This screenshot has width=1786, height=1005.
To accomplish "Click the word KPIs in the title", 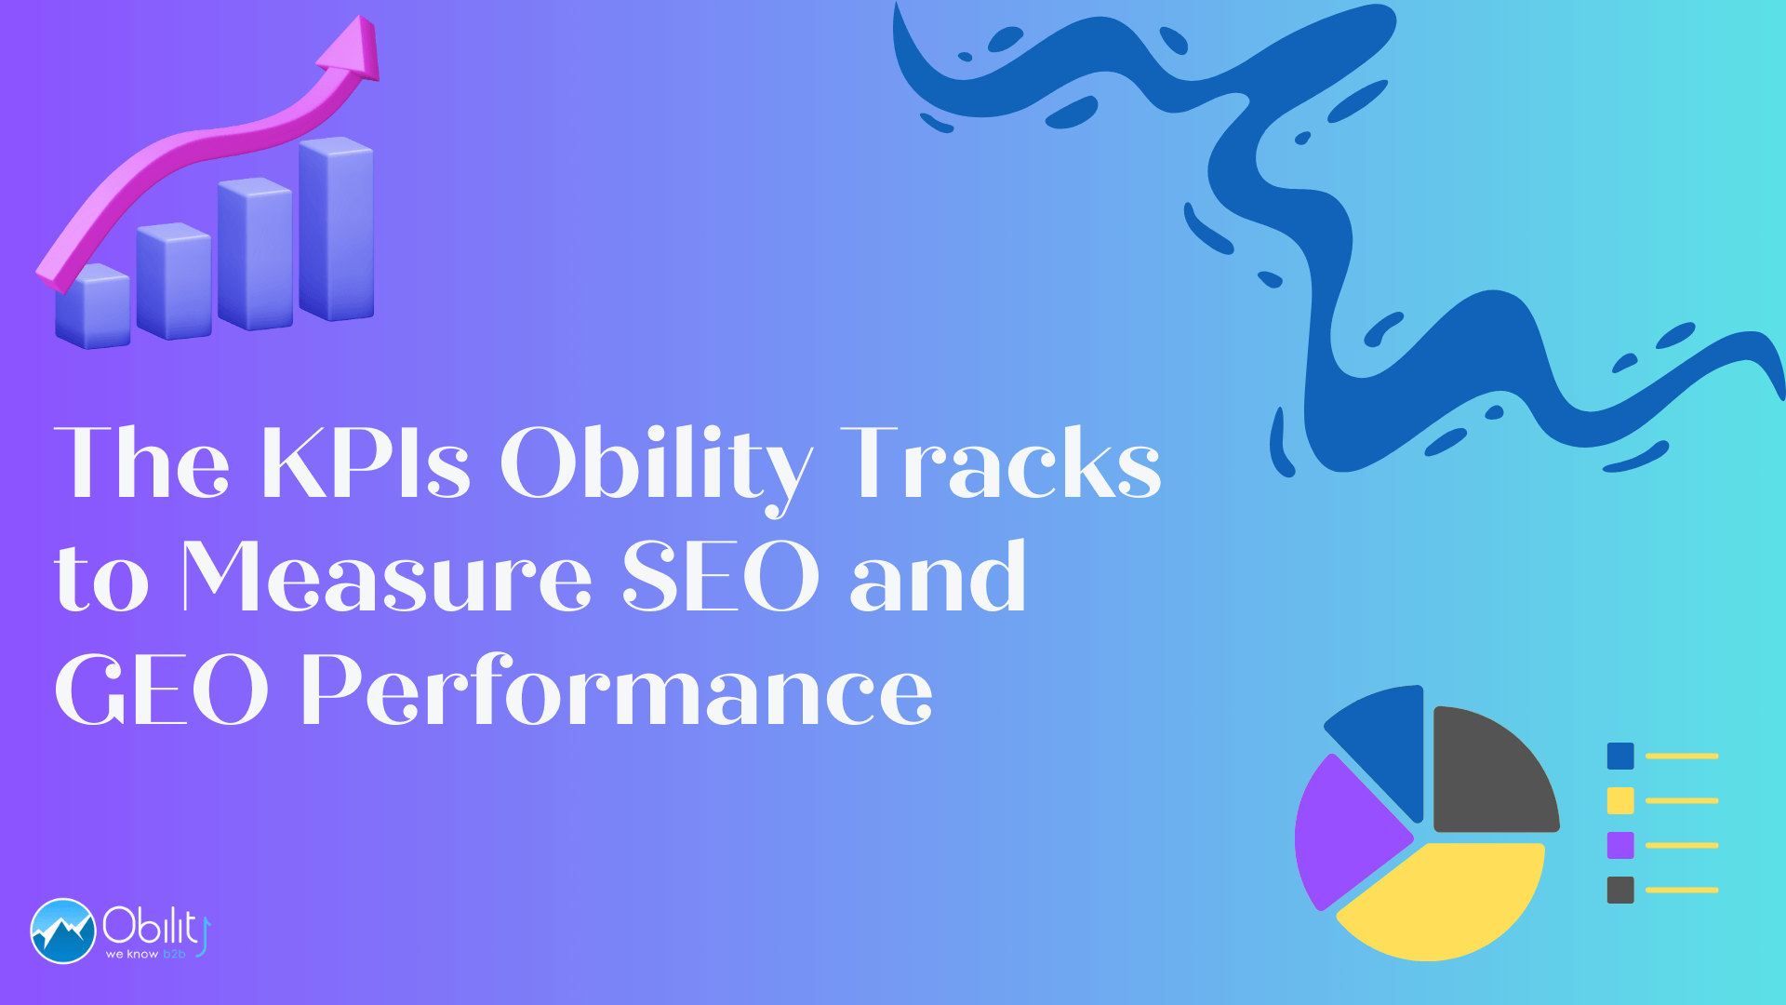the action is pyautogui.click(x=366, y=462).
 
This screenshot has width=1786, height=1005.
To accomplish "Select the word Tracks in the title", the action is pyautogui.click(x=1001, y=462).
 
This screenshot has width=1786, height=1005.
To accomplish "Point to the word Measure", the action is pyautogui.click(x=387, y=576).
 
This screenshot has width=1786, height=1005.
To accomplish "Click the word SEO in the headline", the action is pyautogui.click(x=721, y=576).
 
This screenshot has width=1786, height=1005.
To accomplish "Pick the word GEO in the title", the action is pyautogui.click(x=162, y=690).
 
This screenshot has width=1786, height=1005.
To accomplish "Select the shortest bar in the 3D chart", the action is pyautogui.click(x=92, y=306).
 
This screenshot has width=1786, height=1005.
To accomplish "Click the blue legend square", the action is pyautogui.click(x=1620, y=756).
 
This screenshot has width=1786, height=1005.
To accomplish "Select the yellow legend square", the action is pyautogui.click(x=1620, y=800).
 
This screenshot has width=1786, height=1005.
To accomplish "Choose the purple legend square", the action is pyautogui.click(x=1620, y=845).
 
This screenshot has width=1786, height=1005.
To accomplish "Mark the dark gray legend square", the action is pyautogui.click(x=1620, y=890).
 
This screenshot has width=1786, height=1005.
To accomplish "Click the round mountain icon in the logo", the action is pyautogui.click(x=63, y=931).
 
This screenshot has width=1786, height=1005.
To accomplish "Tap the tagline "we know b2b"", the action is pyautogui.click(x=146, y=954).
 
